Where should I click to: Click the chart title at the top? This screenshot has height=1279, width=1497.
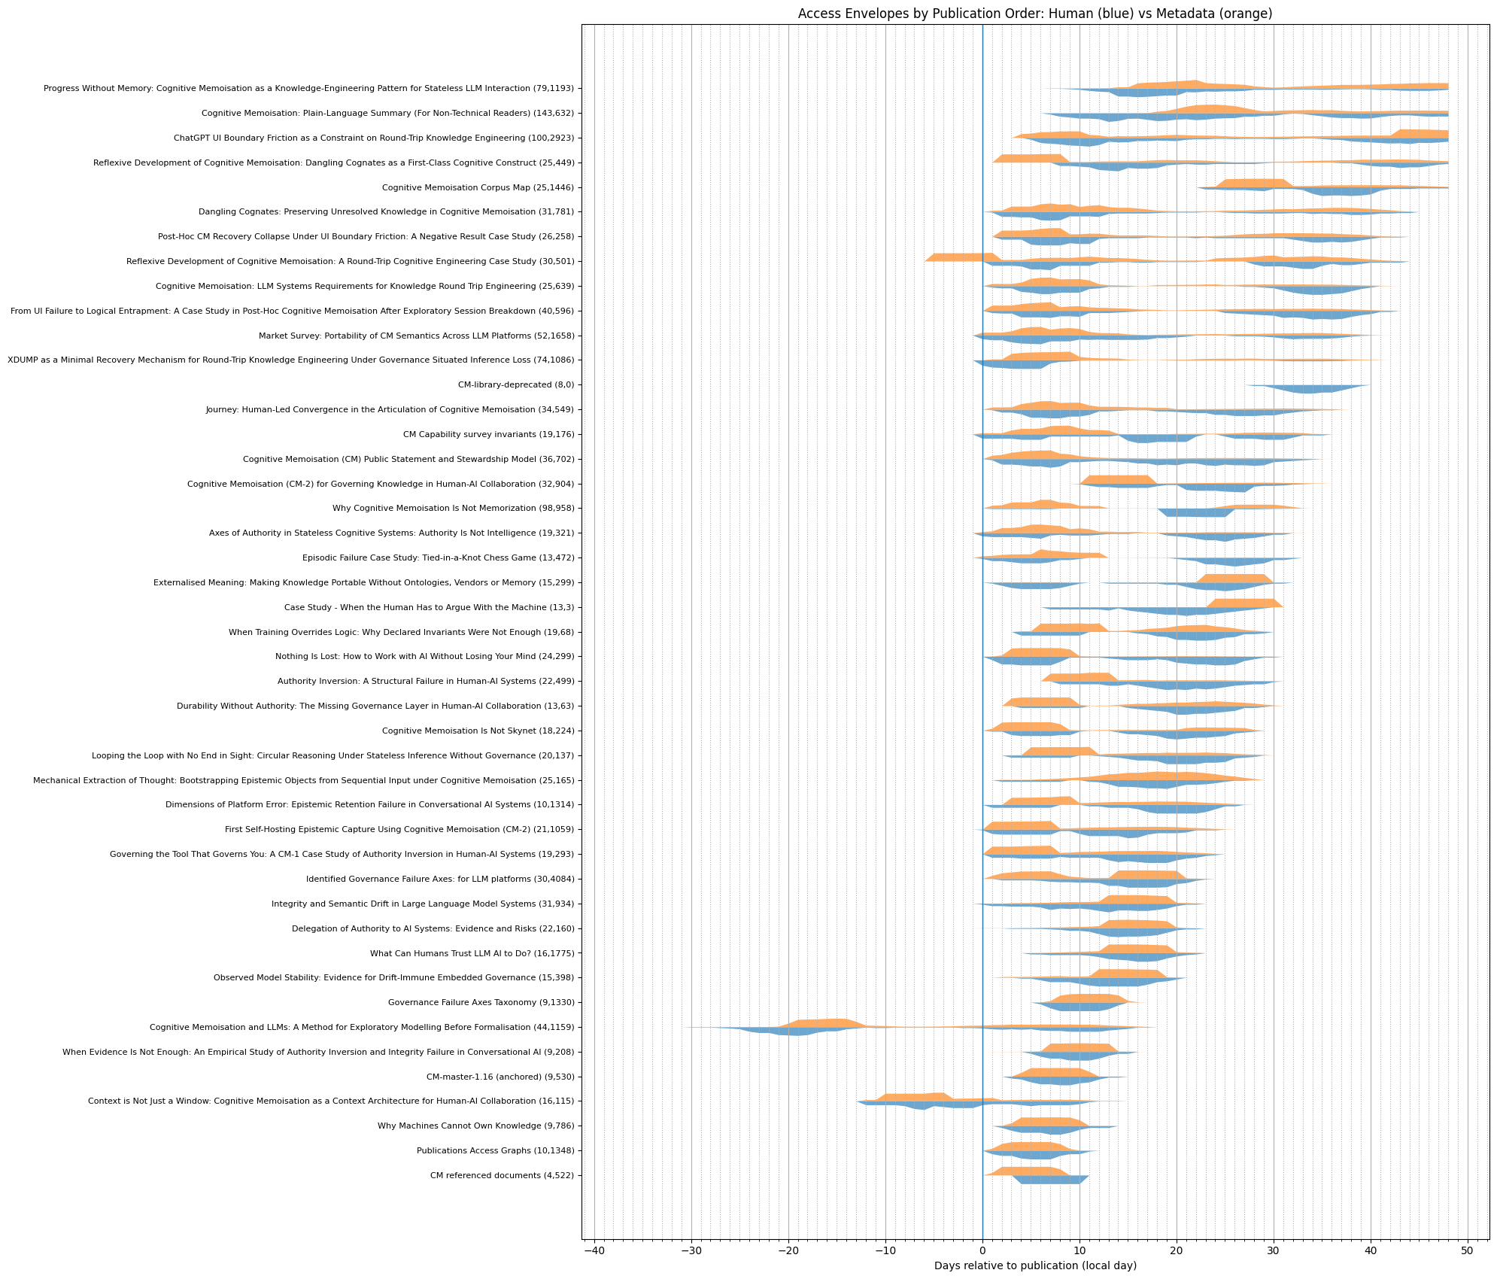coord(1035,14)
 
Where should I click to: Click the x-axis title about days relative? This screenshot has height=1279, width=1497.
coord(1035,1265)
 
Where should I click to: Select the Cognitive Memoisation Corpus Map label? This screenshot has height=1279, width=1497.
coord(478,187)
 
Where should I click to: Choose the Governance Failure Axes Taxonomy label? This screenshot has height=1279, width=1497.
coord(481,1002)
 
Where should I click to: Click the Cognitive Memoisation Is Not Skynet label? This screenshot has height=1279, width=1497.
coord(478,731)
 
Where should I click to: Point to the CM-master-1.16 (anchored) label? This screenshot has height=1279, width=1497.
coord(500,1077)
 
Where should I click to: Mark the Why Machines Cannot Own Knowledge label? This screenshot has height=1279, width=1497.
coord(475,1126)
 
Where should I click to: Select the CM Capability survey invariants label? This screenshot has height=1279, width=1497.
coord(488,434)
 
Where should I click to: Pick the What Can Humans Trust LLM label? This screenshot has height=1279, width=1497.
coord(472,953)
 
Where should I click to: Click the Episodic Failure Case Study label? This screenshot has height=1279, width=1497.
coord(438,557)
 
